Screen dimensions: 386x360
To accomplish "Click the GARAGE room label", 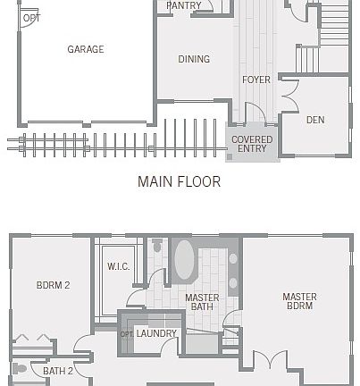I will coord(85,50).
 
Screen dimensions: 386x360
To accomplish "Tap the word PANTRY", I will coord(183,5).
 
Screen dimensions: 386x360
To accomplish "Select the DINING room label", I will coord(194,60).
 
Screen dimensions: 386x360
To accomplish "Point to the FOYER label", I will coord(256,80).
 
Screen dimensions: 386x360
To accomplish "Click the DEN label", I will coord(315,120).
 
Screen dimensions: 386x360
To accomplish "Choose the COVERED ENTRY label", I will coord(252,145).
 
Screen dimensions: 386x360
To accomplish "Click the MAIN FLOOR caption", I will coord(179,181).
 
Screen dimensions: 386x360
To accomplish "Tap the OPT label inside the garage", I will coord(31,18).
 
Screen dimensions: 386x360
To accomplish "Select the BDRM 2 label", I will coord(53,286).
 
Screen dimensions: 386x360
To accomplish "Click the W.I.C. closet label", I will coord(119,267).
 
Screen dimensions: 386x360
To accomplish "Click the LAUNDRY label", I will coord(157,334).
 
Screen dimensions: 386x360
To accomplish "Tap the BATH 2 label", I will coord(58,371).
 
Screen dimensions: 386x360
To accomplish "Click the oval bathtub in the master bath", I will coord(184,262).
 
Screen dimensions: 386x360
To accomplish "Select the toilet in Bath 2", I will coord(18,369).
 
